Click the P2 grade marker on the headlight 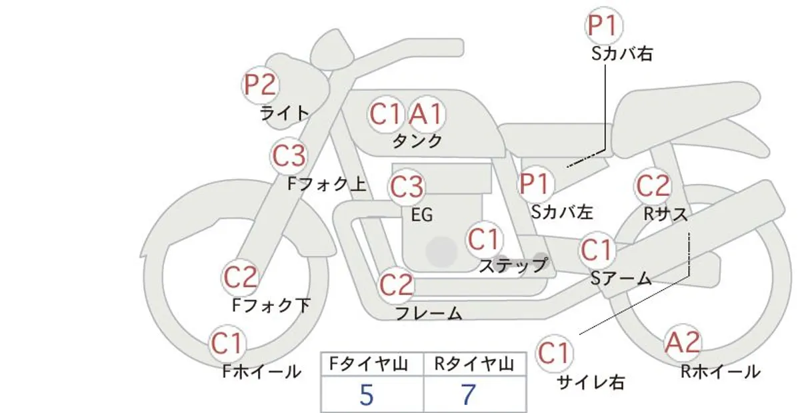(260, 85)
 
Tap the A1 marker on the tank (427, 114)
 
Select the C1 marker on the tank (386, 114)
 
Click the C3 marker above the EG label (407, 187)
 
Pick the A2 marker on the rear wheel (683, 342)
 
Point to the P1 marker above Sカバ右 (603, 26)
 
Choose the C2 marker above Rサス (653, 186)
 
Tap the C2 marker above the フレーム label (396, 285)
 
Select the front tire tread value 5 (367, 395)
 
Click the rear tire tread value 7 (468, 395)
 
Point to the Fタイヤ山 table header (369, 364)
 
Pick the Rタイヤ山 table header (474, 364)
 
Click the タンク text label (417, 141)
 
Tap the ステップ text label (513, 265)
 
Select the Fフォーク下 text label (271, 306)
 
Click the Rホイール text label (721, 372)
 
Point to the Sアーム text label (621, 278)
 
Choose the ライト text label (285, 113)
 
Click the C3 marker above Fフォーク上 (289, 156)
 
